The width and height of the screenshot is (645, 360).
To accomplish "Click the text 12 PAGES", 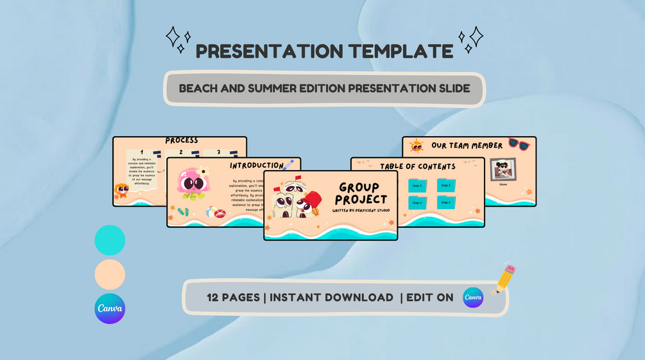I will coord(234,297).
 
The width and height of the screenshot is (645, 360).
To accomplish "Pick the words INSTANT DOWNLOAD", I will coord(332,297).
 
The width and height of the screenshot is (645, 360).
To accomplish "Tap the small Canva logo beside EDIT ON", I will coord(473,297).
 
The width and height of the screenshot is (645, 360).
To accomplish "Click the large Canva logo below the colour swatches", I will coord(110,309).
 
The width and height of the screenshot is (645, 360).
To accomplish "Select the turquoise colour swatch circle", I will coord(110,240).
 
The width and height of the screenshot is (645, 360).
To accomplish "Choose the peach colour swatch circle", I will coord(110,275).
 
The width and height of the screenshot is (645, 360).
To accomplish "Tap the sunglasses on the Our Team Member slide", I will coord(519,144).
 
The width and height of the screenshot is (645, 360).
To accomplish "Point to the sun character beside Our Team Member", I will coord(417,146).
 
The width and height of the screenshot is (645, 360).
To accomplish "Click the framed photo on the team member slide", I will coord(503,169).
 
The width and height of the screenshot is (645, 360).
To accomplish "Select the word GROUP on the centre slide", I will coord(359,187).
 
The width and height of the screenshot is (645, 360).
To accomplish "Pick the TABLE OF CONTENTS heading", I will coord(417,166).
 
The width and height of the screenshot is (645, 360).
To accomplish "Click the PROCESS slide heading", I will coord(182,140).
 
